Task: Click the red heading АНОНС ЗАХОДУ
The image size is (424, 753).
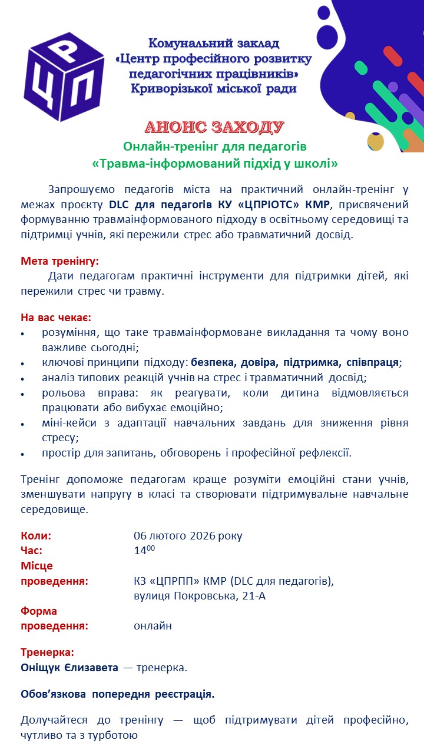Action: coord(214,127)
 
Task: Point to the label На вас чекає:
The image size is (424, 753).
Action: coord(56,318)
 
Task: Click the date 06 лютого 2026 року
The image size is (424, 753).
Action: coord(188,535)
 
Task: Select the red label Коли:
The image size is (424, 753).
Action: coord(36,535)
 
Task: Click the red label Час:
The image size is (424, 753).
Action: coord(32,551)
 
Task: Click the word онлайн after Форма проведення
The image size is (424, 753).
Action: coord(153,625)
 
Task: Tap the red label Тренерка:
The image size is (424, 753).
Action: coord(48,652)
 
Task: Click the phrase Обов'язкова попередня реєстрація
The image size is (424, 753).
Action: coord(117,694)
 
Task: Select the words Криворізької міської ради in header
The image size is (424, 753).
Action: coord(214,89)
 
